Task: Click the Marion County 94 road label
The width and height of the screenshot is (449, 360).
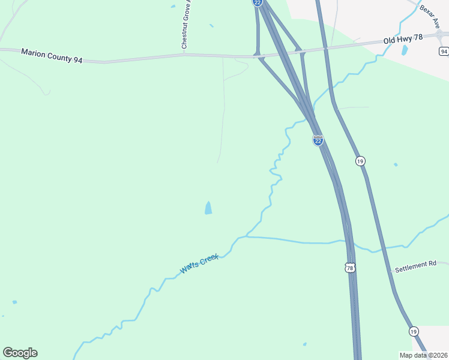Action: (x=52, y=56)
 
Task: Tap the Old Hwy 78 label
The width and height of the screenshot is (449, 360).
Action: (x=403, y=38)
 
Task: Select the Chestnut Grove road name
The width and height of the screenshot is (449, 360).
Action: (x=185, y=25)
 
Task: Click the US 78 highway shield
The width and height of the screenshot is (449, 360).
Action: (x=350, y=268)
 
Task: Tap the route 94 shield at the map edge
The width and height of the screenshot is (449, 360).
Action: (x=444, y=52)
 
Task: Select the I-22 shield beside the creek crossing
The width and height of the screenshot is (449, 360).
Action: (x=318, y=140)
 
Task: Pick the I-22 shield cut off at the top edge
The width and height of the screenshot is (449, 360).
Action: (x=258, y=2)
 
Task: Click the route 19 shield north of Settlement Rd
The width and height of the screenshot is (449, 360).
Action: (x=360, y=161)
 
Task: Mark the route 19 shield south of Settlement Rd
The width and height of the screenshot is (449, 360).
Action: (x=414, y=331)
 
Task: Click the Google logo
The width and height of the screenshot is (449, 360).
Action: (x=20, y=352)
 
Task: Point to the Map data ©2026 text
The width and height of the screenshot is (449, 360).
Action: (x=423, y=355)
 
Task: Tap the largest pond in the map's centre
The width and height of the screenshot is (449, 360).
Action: (x=208, y=208)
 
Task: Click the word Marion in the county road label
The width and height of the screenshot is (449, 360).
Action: (x=34, y=53)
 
